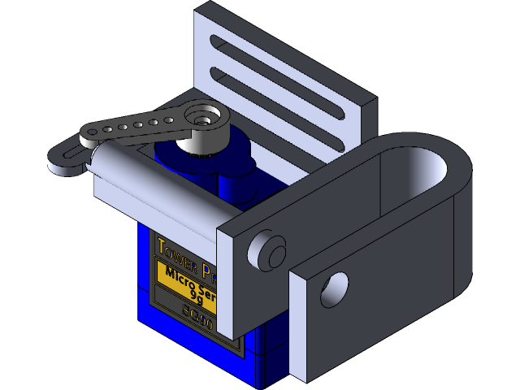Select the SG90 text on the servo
(x=197, y=318)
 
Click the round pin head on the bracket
(x=266, y=250)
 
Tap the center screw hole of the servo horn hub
(x=203, y=116)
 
